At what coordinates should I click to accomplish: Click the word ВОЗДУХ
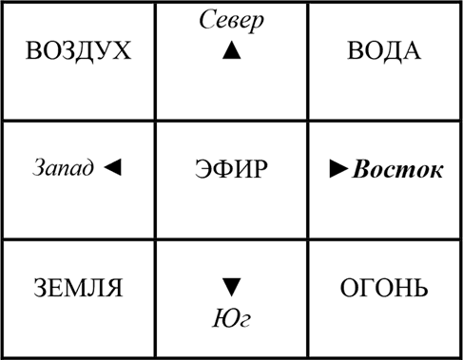[78, 50]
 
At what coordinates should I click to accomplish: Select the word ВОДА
[384, 50]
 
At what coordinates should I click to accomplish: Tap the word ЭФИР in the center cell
[231, 170]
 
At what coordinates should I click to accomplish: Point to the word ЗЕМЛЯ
[78, 287]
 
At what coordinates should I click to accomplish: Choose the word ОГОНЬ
[384, 287]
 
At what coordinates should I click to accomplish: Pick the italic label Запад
[64, 169]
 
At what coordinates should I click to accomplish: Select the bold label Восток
[397, 170]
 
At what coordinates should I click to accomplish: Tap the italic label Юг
[231, 317]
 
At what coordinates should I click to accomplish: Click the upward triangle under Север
[232, 52]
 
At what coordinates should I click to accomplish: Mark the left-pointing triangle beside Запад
[112, 168]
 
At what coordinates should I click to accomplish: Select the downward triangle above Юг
[232, 286]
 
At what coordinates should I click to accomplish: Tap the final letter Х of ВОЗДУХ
[122, 50]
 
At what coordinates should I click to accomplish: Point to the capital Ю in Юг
[222, 317]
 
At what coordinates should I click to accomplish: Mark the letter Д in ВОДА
[389, 50]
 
